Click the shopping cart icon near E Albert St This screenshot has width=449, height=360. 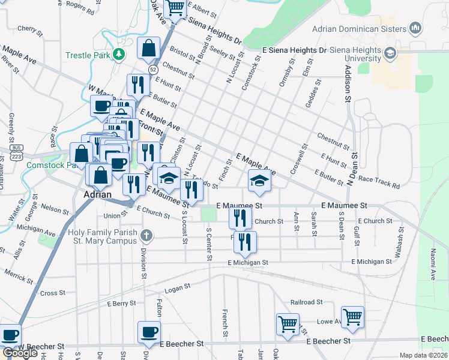(x=175, y=8)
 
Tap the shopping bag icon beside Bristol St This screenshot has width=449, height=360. (x=148, y=49)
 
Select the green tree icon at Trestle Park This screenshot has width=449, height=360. (x=119, y=55)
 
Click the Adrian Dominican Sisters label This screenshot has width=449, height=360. (x=359, y=29)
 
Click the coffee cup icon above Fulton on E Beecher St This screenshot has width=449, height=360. (x=149, y=332)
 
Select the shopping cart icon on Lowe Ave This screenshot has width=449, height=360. (x=352, y=317)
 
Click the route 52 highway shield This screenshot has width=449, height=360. (x=154, y=70)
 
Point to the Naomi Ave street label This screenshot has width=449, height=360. (x=432, y=266)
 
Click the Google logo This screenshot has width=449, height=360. (x=20, y=353)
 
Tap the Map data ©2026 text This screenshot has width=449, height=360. (x=423, y=355)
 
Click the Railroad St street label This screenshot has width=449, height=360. (x=306, y=302)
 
